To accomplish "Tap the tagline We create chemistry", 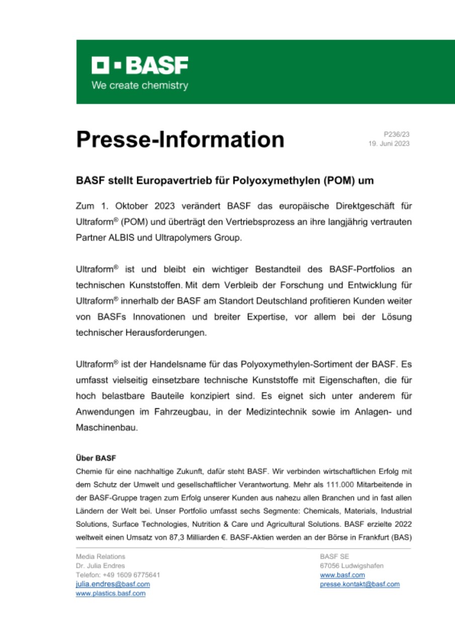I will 139,85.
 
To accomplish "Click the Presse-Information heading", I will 180,139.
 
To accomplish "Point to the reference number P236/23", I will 397,134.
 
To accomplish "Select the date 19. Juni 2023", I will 390,144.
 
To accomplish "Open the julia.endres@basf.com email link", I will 112,584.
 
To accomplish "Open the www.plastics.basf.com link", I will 110,593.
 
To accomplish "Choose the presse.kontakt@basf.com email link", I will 359,584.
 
